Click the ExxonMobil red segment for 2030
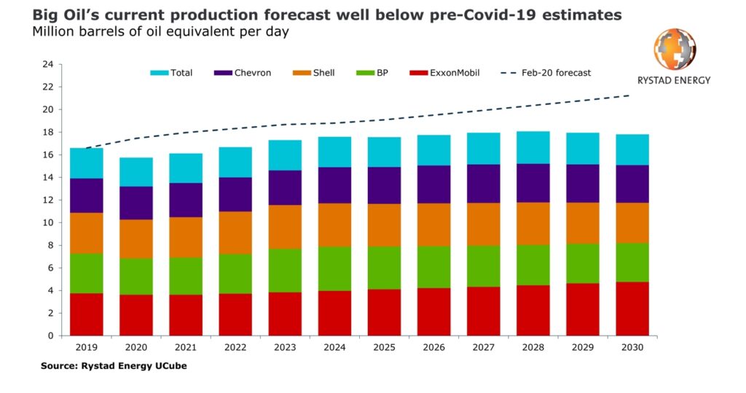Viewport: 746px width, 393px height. (632, 309)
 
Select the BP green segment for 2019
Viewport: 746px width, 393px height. (87, 274)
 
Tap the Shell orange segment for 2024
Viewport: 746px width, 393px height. (334, 225)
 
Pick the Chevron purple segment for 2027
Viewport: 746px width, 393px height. (483, 183)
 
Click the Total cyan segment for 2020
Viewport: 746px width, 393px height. (136, 172)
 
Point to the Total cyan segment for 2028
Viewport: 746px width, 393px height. (533, 148)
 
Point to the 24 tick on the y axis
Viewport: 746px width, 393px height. (49, 65)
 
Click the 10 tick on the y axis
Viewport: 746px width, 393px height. (49, 223)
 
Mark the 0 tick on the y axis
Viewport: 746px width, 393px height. (51, 336)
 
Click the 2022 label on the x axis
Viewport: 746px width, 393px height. (235, 347)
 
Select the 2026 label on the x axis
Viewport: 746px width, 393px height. (433, 347)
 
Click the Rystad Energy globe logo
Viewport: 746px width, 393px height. (674, 50)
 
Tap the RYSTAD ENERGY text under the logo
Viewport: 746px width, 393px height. (674, 80)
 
